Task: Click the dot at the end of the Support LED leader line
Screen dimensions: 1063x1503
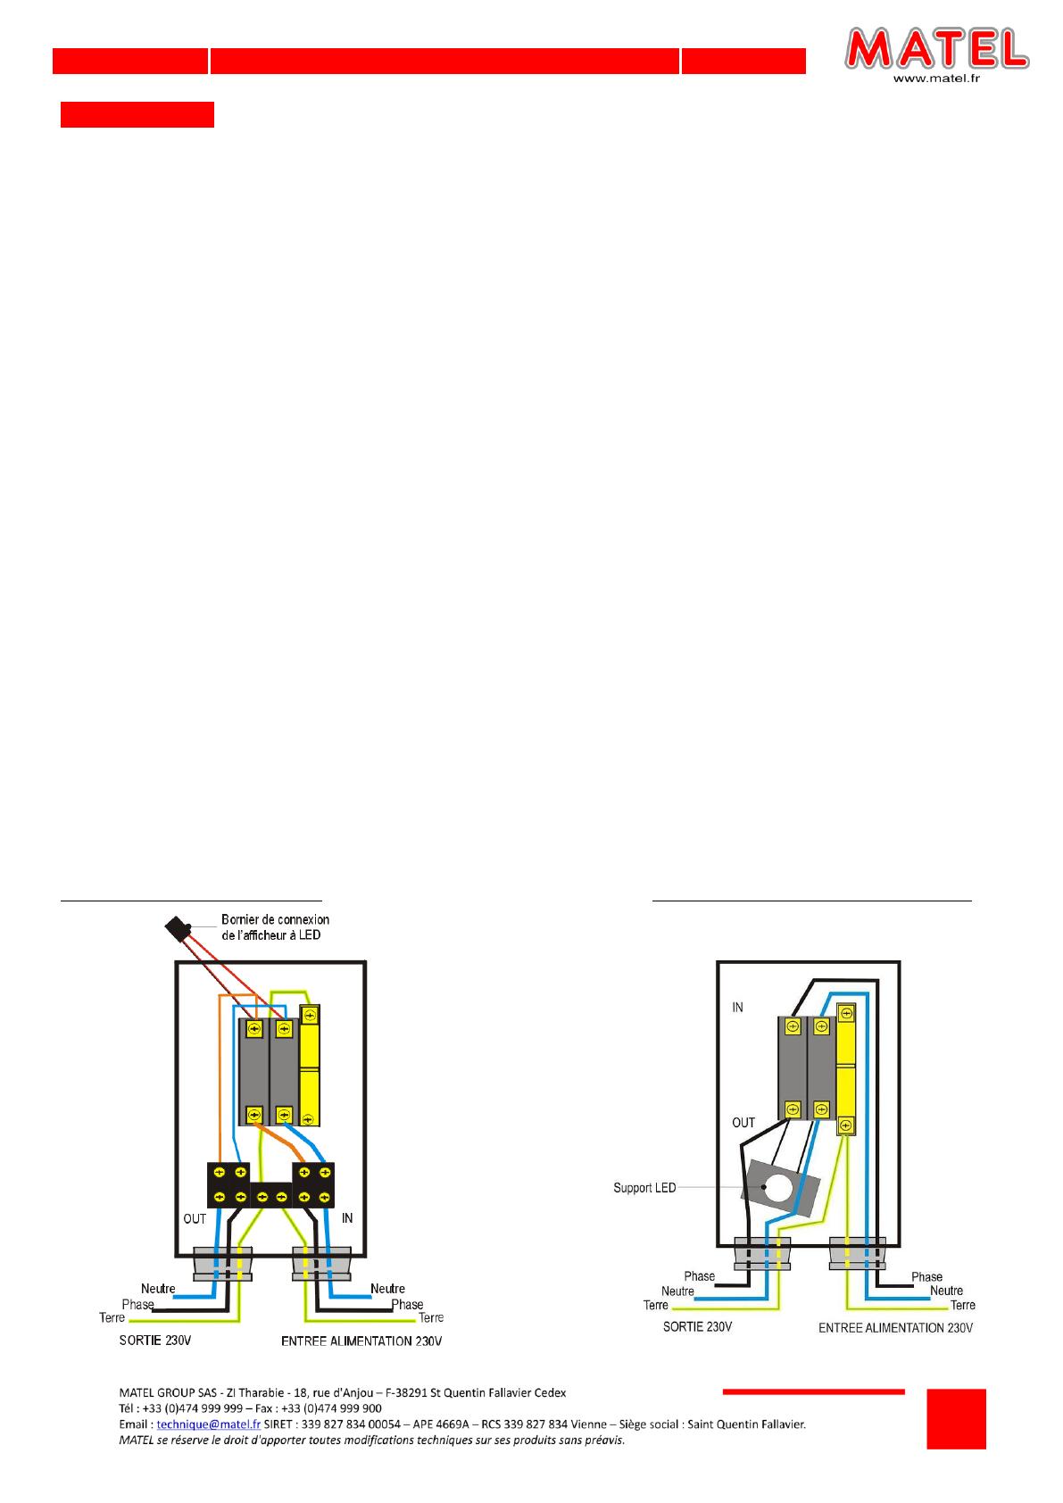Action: (764, 1187)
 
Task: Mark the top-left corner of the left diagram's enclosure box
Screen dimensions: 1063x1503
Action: (176, 962)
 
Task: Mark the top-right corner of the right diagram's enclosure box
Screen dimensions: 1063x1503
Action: (899, 962)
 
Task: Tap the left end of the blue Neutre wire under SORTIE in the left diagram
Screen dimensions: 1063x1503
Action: (174, 1297)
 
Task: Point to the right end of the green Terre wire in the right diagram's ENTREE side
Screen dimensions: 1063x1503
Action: (948, 1308)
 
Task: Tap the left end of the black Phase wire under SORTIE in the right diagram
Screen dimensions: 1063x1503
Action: (716, 1285)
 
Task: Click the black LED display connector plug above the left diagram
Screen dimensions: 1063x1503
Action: (177, 928)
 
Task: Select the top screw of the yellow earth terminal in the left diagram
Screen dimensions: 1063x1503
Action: (309, 1014)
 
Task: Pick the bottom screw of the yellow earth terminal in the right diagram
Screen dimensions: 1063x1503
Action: (846, 1125)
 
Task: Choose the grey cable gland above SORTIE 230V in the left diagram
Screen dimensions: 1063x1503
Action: (223, 1264)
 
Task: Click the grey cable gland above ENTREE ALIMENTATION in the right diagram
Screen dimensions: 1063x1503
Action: (858, 1253)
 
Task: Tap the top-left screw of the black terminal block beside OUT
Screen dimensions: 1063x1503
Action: (220, 1172)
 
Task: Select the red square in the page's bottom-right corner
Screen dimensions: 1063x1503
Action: (956, 1419)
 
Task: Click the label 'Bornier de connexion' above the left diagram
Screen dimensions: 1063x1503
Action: (275, 919)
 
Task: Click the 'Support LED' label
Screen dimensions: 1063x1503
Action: (644, 1188)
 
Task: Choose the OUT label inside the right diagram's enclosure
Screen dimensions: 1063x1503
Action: (743, 1123)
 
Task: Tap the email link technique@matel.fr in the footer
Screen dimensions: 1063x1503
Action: (209, 1424)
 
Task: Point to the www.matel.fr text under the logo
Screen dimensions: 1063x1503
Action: (936, 78)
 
